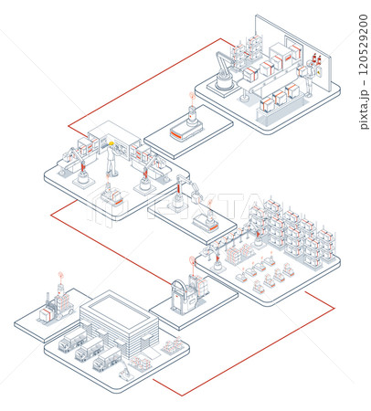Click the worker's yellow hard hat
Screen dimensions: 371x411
[111, 143]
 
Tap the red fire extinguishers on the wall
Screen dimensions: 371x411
[317, 59]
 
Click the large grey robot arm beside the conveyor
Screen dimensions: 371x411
[225, 72]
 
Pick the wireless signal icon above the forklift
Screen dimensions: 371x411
[61, 276]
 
